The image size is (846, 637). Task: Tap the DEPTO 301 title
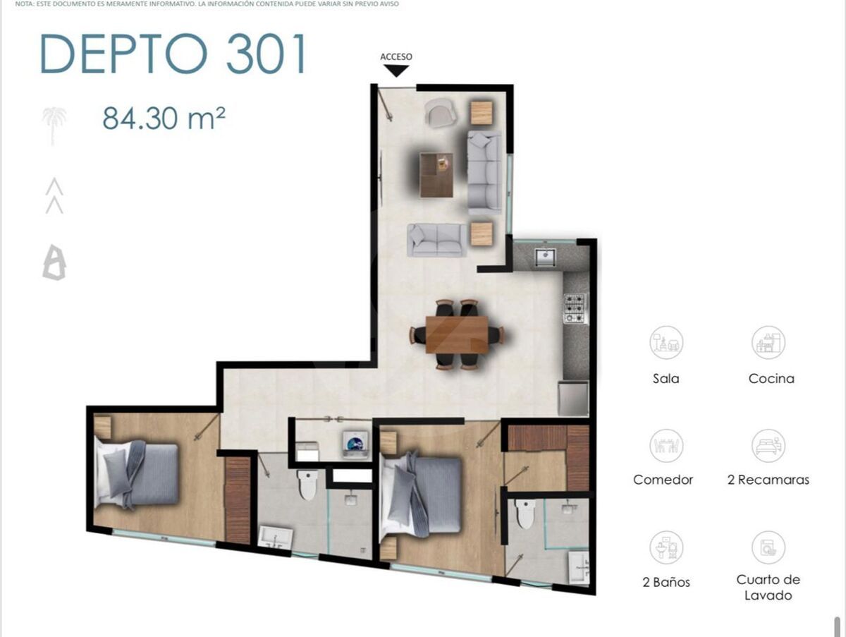pyautogui.click(x=173, y=54)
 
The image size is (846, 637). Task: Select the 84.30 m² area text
pyautogui.click(x=164, y=119)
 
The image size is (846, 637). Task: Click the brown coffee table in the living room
pyautogui.click(x=436, y=175)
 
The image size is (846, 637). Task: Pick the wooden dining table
pyautogui.click(x=457, y=334)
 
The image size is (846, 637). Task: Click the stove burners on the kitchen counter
pyautogui.click(x=576, y=308)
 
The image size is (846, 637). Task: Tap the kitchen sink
pyautogui.click(x=545, y=257)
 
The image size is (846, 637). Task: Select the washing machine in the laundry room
pyautogui.click(x=356, y=444)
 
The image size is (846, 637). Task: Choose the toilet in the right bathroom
pyautogui.click(x=525, y=514)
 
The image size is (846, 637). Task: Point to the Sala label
pyautogui.click(x=666, y=378)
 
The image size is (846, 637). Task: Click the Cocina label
pyautogui.click(x=771, y=378)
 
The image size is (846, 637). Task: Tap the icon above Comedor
pyautogui.click(x=666, y=446)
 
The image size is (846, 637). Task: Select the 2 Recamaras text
pyautogui.click(x=768, y=480)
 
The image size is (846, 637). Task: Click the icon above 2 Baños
pyautogui.click(x=666, y=547)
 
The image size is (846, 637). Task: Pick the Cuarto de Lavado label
pyautogui.click(x=768, y=587)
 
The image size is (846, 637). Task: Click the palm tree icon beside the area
pyautogui.click(x=54, y=126)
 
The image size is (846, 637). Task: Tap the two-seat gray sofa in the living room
pyautogui.click(x=436, y=240)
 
